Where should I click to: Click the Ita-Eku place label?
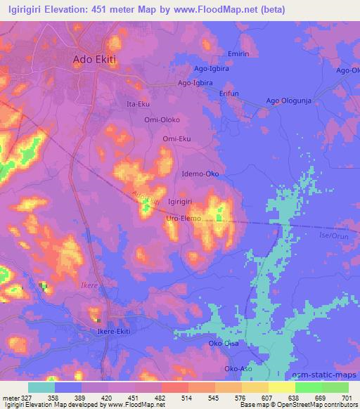pyautogui.click(x=137, y=104)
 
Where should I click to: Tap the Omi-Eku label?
pyautogui.click(x=176, y=139)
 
